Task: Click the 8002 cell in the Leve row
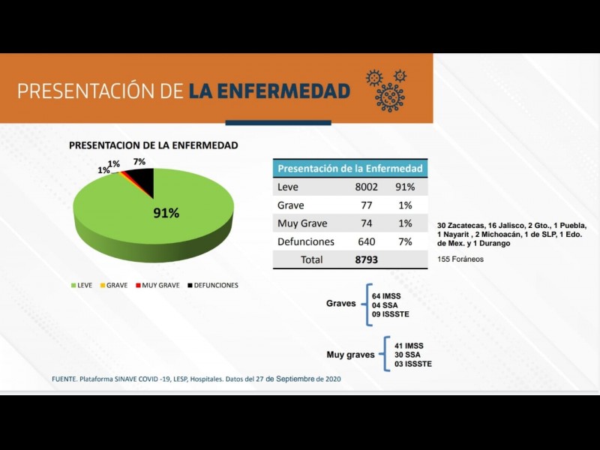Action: [x=367, y=187]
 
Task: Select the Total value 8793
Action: [x=366, y=259]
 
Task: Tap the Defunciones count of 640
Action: [x=367, y=241]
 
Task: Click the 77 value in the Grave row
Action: [x=367, y=205]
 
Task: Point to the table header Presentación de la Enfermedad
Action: [x=350, y=168]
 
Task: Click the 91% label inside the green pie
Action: [x=166, y=213]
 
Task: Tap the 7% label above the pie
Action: [x=139, y=162]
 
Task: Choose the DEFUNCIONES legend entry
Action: [x=213, y=286]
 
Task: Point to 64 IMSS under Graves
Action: [x=386, y=296]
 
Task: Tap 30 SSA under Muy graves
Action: [x=408, y=355]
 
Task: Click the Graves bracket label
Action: [x=341, y=304]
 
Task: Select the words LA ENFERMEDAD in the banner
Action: [x=269, y=91]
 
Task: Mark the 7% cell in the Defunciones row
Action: [x=406, y=241]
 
